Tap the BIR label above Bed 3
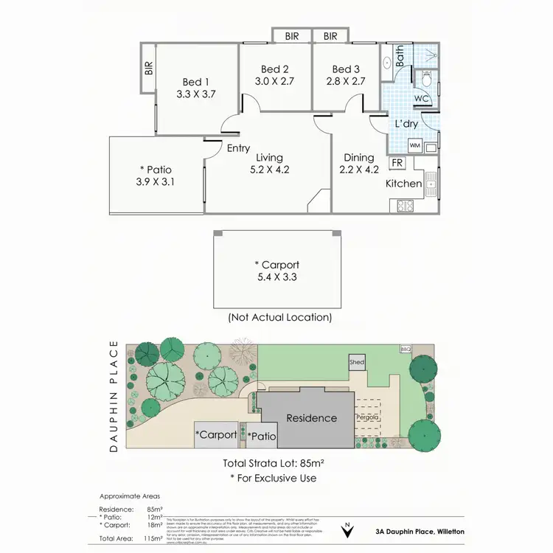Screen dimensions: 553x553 click(330, 35)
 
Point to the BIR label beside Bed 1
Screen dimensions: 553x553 click(149, 69)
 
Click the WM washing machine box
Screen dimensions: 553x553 click(414, 145)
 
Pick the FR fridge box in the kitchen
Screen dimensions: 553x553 click(397, 162)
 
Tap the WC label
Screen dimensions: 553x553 click(421, 98)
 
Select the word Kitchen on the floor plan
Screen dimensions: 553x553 click(404, 183)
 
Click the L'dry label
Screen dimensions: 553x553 click(407, 124)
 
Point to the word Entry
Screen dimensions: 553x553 click(238, 148)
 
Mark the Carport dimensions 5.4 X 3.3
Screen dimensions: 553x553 click(277, 278)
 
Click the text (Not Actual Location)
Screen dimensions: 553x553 click(279, 318)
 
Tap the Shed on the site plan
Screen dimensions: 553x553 click(357, 364)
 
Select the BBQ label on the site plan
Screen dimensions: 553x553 click(405, 349)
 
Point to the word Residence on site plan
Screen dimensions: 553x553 click(311, 418)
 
